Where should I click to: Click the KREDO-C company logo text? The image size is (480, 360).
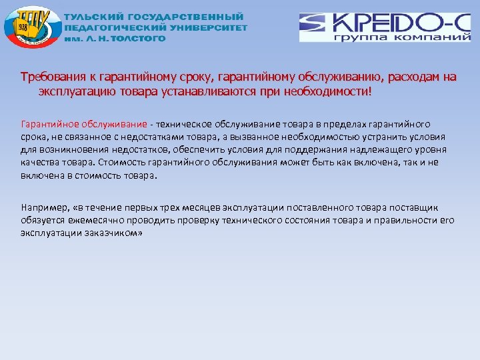387,23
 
